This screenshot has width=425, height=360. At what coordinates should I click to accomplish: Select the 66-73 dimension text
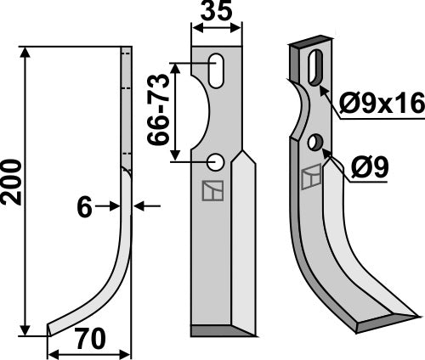[x=159, y=110]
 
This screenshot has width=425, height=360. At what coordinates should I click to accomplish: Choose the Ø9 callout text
[x=369, y=167]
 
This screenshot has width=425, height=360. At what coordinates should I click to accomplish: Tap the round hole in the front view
[x=215, y=160]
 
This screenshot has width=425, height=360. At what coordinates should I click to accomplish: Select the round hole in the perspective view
[x=316, y=141]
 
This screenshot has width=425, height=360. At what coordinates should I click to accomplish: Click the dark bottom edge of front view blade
[x=221, y=329]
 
